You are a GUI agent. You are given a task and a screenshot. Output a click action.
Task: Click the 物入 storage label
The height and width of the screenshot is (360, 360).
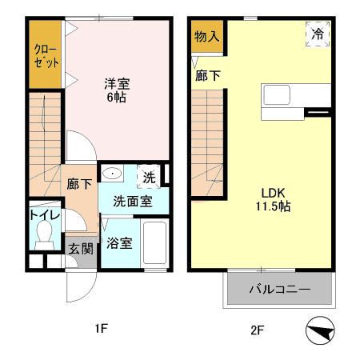coord(207,36)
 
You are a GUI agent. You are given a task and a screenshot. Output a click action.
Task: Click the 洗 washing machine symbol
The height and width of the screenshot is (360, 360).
coord(149,177)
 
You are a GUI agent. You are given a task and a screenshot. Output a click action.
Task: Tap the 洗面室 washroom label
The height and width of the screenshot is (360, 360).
coord(133,202)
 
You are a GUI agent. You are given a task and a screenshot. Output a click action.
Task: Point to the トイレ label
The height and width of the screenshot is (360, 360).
coord(42,215)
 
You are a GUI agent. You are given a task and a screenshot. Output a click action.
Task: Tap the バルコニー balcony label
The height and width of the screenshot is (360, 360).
coord(278,289)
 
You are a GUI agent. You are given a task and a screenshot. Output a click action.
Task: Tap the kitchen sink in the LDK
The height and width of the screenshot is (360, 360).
coord(278,94)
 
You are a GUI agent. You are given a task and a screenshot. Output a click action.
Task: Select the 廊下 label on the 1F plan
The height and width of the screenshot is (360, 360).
coord(79,182)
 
